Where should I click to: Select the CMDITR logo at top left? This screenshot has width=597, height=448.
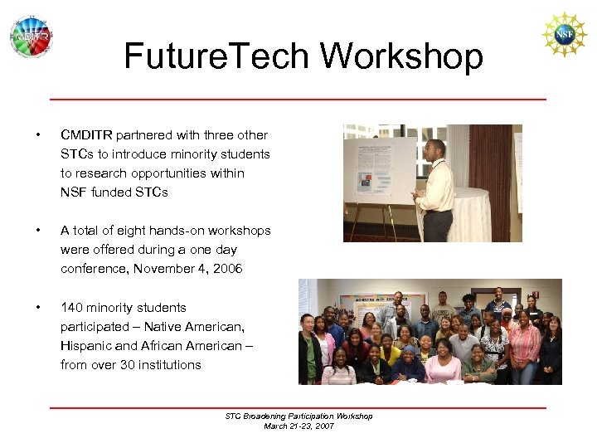click(x=31, y=37)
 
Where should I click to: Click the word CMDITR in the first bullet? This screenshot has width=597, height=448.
click(x=86, y=135)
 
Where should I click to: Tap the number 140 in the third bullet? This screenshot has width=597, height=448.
click(x=71, y=308)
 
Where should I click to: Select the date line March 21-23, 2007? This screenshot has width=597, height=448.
click(x=298, y=426)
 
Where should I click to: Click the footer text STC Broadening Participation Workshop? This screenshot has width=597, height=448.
click(x=298, y=416)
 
